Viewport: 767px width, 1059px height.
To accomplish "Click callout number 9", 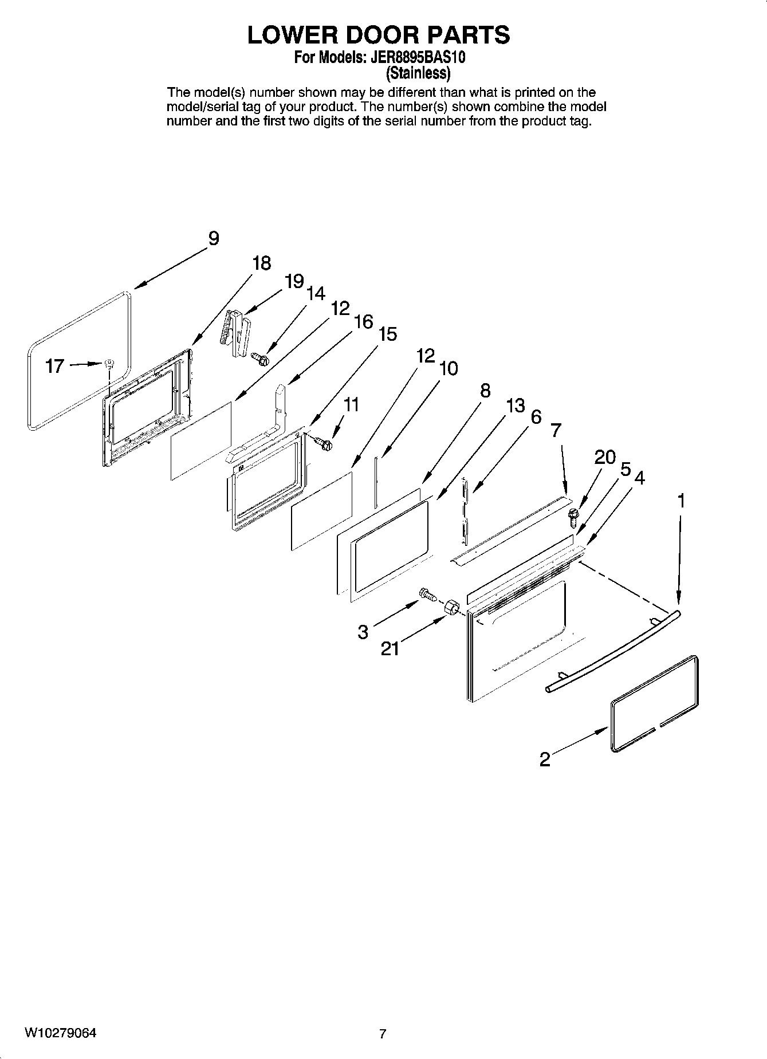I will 213,238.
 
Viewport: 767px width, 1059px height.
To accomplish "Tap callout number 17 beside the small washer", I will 54,366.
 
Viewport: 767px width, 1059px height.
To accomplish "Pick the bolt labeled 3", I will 428,595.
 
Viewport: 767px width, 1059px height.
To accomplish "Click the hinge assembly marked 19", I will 235,333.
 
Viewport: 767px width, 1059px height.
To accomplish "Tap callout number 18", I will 261,263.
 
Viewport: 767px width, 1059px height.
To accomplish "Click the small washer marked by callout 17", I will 110,363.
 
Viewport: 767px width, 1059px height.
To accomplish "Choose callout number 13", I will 515,406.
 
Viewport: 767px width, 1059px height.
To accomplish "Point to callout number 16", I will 363,322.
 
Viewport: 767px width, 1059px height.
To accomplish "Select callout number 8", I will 485,391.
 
